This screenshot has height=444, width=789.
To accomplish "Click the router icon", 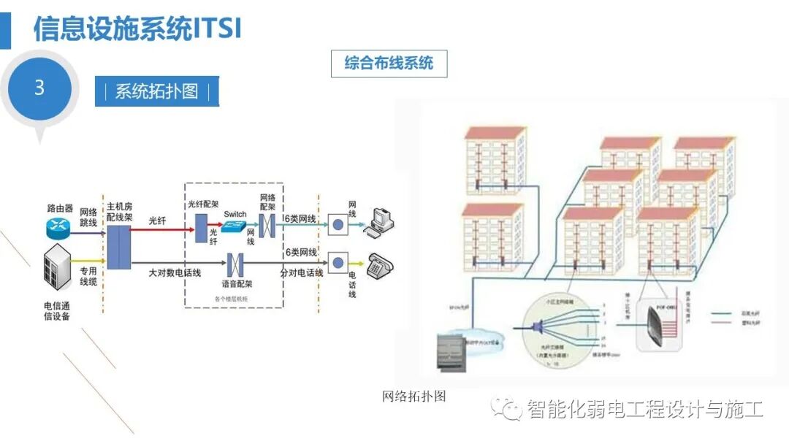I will point(58,227).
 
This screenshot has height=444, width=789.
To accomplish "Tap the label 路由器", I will point(58,208).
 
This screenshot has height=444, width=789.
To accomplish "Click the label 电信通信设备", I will point(58,310).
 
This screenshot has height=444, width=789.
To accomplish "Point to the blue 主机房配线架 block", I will point(119,246).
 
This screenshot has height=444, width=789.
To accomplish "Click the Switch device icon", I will point(235,227).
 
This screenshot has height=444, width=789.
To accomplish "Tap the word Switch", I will point(235,214).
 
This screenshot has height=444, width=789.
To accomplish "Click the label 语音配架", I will point(236,283).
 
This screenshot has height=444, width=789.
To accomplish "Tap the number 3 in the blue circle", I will point(39,88).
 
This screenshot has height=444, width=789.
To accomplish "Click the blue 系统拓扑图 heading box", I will point(157,92).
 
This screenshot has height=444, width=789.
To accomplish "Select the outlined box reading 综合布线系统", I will point(389,64).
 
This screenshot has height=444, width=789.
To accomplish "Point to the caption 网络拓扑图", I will point(413,397).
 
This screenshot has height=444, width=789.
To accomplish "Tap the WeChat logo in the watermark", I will point(506,408).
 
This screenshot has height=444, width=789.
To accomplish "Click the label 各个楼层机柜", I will point(232,298).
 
